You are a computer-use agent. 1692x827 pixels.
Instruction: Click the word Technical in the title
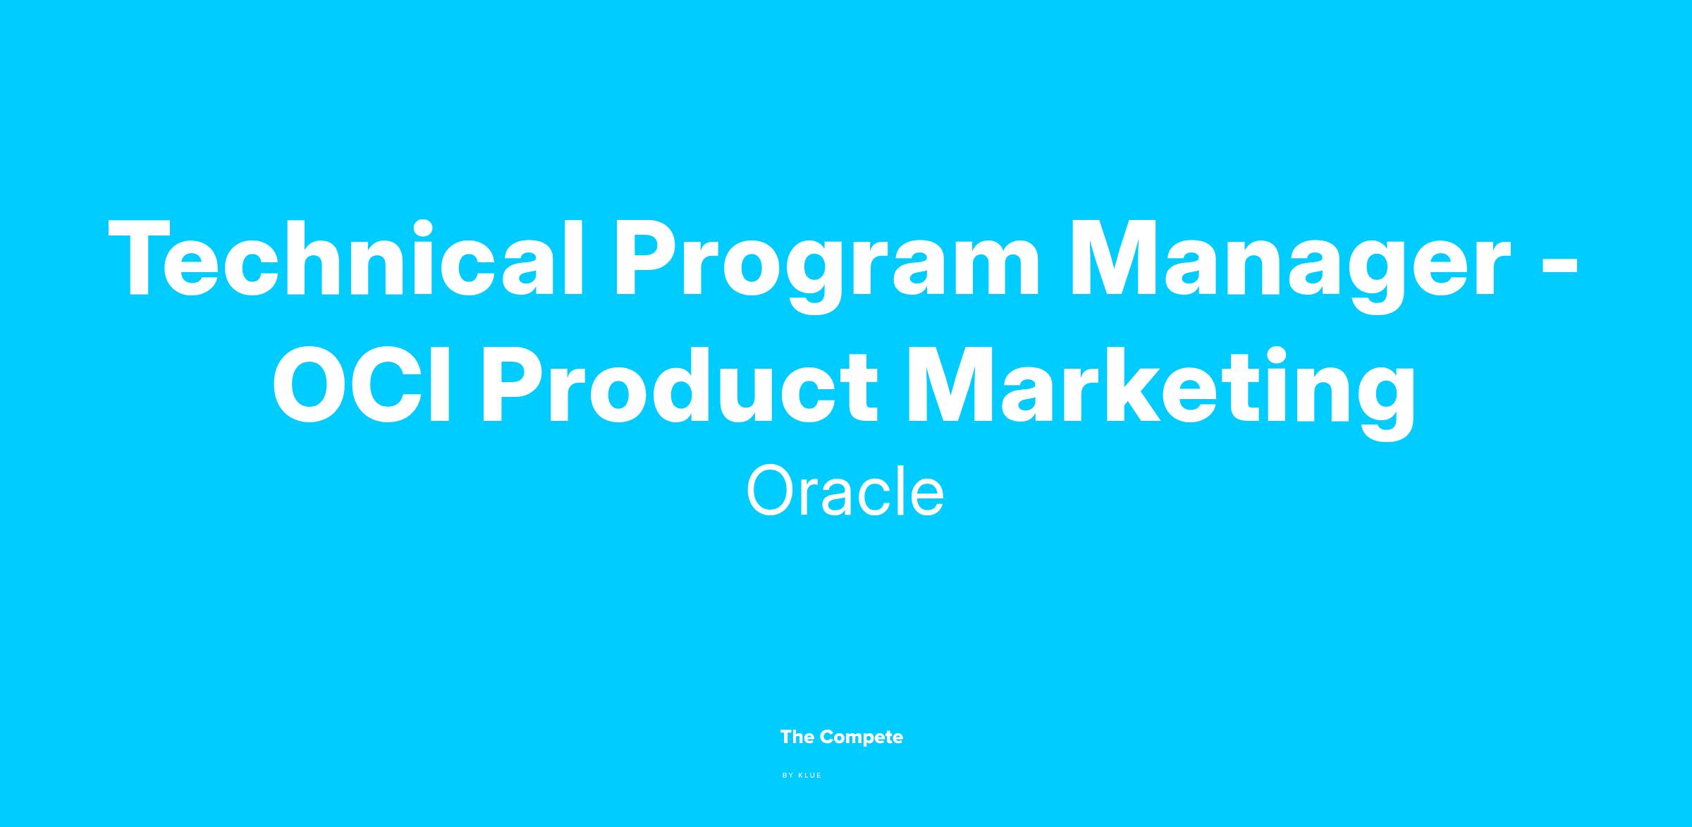(x=346, y=259)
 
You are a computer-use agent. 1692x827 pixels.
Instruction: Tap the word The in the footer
(x=797, y=737)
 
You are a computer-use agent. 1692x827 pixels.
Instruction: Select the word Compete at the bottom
(x=862, y=739)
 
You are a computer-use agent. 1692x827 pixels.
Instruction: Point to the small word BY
(x=788, y=776)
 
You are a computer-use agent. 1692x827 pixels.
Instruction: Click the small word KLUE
(x=810, y=776)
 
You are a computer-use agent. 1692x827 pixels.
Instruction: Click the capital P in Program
(x=649, y=259)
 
